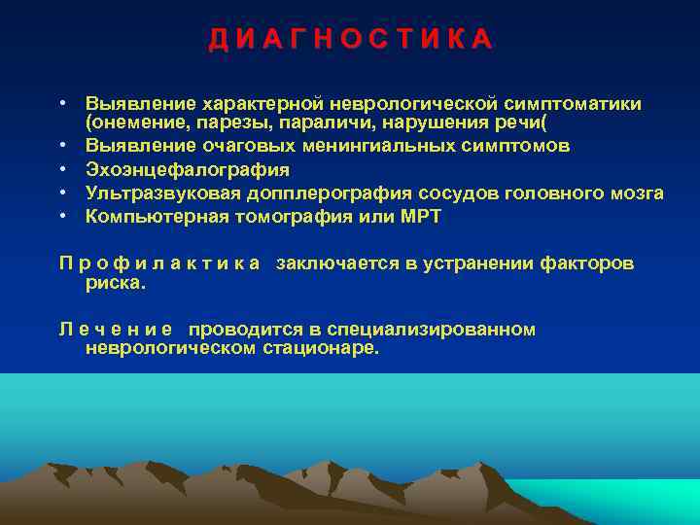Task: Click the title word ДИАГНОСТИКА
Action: tap(351, 40)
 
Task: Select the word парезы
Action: tap(226, 124)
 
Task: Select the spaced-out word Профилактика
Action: tap(159, 262)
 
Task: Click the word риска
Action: tap(115, 284)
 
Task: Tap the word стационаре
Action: tap(322, 348)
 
